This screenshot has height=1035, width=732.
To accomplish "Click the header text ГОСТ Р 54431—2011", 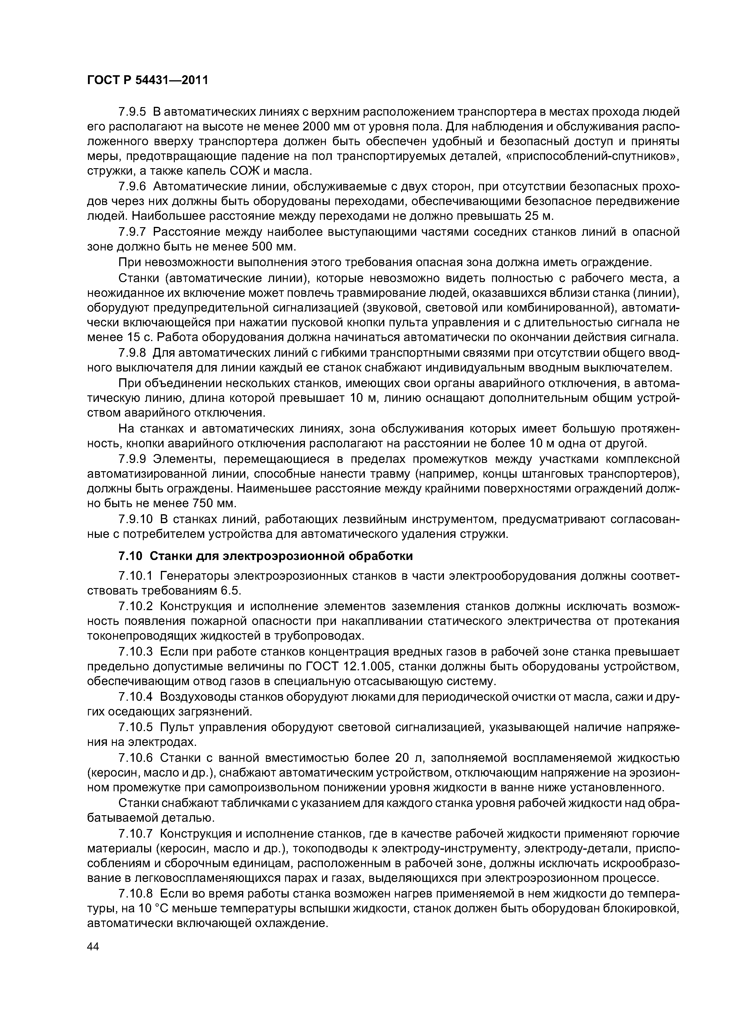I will pyautogui.click(x=147, y=80).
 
